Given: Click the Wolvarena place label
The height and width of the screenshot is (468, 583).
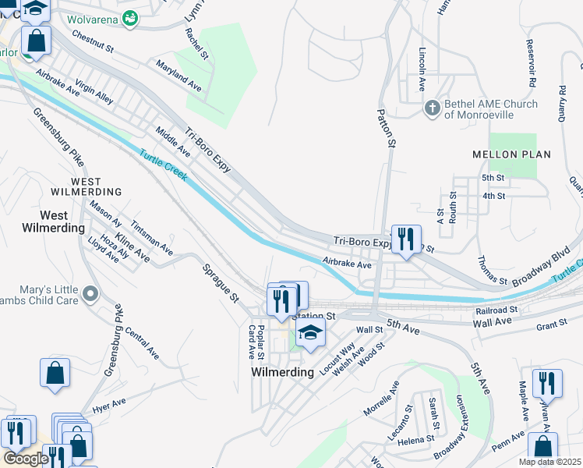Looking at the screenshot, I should coord(95,17).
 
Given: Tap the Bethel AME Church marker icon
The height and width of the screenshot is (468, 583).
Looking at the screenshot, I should coord(432,108).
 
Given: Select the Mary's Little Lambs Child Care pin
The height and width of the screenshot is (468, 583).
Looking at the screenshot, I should coord(91,294).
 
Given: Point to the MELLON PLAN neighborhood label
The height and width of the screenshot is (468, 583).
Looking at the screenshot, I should coord(511,154).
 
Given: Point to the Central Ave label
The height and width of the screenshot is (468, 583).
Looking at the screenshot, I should coord(141,344).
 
